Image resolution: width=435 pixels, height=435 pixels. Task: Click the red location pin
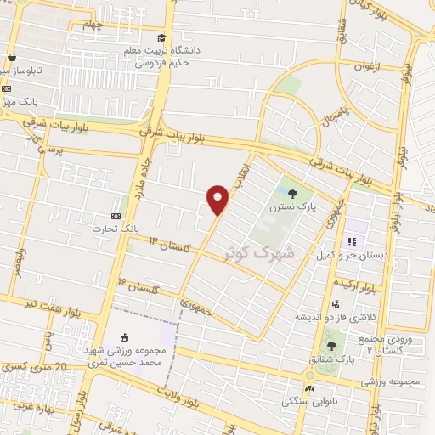point(218,199)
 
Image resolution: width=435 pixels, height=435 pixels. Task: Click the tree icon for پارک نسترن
point(294,194)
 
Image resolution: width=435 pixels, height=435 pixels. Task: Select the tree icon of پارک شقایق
point(330,345)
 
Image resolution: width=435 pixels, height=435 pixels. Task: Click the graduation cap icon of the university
point(161,38)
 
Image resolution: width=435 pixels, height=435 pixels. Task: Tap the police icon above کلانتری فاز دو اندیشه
point(336,304)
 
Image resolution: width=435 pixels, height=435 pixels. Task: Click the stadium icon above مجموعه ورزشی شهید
point(125,337)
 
